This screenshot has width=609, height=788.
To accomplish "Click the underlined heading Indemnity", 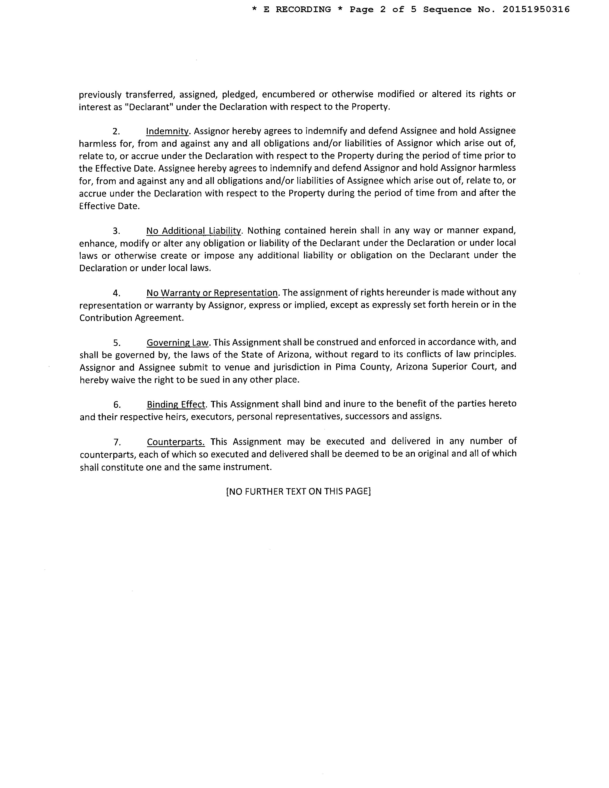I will pos(167,131).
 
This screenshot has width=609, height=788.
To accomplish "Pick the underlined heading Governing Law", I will pos(178,342).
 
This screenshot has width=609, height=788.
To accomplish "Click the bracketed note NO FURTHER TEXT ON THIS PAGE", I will pos(298,491).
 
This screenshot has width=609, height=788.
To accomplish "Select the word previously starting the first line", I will pos(100,95).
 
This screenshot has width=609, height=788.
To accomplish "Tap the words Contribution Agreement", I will pos(131,318).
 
